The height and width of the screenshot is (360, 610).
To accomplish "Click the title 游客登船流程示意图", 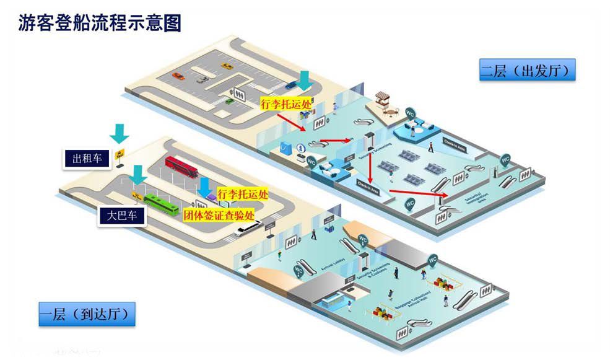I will pos(101,24).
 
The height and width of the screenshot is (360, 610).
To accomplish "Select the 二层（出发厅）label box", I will pos(528,70).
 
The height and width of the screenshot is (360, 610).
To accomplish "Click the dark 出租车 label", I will pos(87,159).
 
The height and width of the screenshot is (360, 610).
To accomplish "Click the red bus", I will pos(181,167).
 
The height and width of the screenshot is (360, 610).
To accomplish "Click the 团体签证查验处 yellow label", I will pos(219,215).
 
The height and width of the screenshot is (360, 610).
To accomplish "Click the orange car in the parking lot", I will pos(178,76).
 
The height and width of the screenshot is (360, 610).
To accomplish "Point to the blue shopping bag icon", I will pos(285,147).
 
